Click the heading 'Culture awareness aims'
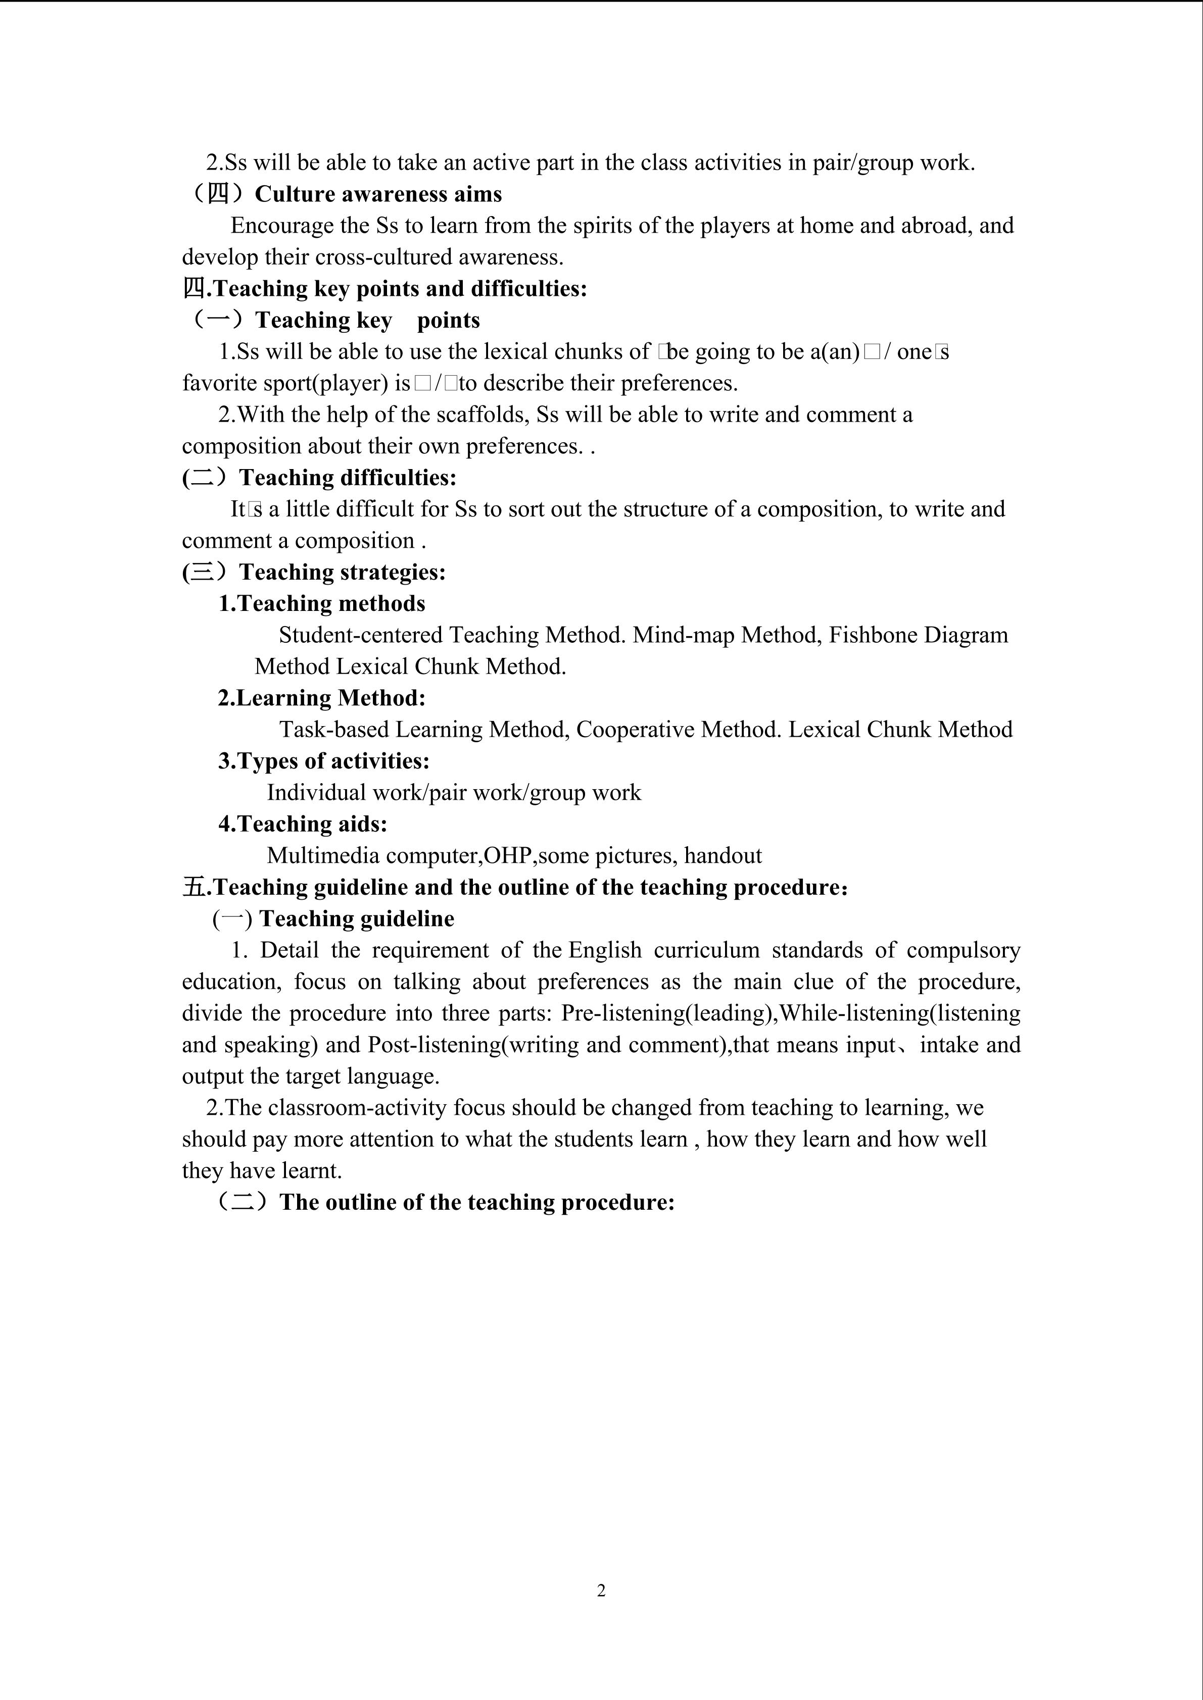click(378, 194)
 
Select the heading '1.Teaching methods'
click(321, 603)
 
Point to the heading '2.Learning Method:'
click(321, 698)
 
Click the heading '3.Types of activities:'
click(324, 761)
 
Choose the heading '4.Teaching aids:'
click(302, 824)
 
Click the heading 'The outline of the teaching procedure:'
click(477, 1202)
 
